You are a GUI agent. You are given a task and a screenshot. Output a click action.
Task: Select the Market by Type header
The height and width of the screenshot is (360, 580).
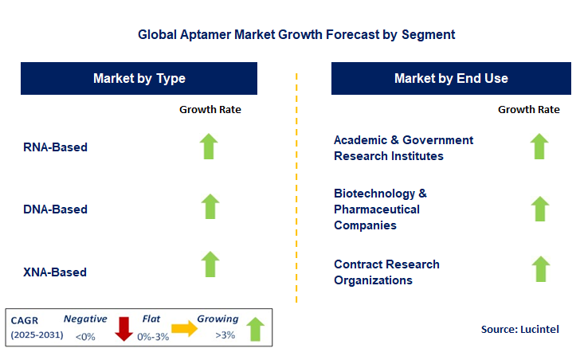point(139,79)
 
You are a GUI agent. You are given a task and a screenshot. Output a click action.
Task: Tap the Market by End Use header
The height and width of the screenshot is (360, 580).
point(451,79)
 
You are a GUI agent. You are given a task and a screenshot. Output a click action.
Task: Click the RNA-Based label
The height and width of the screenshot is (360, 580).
point(56,147)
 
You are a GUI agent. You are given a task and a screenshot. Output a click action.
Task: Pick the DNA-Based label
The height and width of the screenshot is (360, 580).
point(56,209)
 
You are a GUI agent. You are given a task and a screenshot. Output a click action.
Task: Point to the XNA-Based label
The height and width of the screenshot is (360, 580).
point(56,272)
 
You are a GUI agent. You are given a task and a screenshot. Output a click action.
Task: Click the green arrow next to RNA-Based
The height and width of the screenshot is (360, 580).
point(210,147)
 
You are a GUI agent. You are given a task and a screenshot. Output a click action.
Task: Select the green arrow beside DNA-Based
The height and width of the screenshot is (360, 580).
point(210,206)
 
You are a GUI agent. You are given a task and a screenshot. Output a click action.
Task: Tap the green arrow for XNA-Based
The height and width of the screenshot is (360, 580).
point(210,264)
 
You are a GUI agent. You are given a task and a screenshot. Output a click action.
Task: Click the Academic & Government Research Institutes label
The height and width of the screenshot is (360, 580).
point(403,148)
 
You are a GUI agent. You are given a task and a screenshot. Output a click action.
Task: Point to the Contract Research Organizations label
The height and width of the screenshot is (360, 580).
point(386,272)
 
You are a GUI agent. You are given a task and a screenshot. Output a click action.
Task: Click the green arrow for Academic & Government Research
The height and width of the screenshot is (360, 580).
point(539,147)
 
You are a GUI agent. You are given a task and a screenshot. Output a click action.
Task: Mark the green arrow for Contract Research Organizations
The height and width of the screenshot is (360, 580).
point(540,269)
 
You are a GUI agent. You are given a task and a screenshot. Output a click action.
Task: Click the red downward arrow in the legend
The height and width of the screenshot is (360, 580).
point(123,328)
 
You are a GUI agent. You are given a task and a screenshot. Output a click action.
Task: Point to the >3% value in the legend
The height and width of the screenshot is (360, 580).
point(225,336)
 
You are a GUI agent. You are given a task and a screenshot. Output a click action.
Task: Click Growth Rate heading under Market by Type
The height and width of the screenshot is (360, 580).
point(210,109)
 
